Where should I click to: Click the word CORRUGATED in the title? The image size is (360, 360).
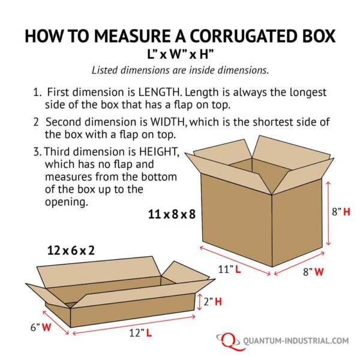pos(240,35)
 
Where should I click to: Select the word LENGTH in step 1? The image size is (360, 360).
pos(158,92)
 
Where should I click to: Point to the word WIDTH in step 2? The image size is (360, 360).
pos(168,122)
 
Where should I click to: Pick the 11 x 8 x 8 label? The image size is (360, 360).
pos(172,214)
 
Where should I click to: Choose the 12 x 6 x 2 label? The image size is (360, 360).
pos(71,250)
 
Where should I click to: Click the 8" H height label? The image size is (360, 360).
pos(341,212)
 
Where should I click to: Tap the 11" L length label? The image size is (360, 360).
pos(229,269)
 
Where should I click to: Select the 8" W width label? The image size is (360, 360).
pos(313,272)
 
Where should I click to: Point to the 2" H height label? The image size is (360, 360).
pos(213,301)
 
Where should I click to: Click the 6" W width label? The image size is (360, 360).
pos(41,327)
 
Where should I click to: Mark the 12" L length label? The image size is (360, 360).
pos(140,332)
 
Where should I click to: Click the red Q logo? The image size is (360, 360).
pos(228,341)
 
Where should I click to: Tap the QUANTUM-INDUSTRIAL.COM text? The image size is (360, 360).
pos(296,341)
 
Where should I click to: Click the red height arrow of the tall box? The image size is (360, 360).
pos(328,214)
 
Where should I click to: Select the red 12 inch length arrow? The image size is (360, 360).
pos(134,325)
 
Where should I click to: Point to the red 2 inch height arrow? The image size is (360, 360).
pos(200,302)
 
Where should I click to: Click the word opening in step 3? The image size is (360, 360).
pos(67,202)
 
